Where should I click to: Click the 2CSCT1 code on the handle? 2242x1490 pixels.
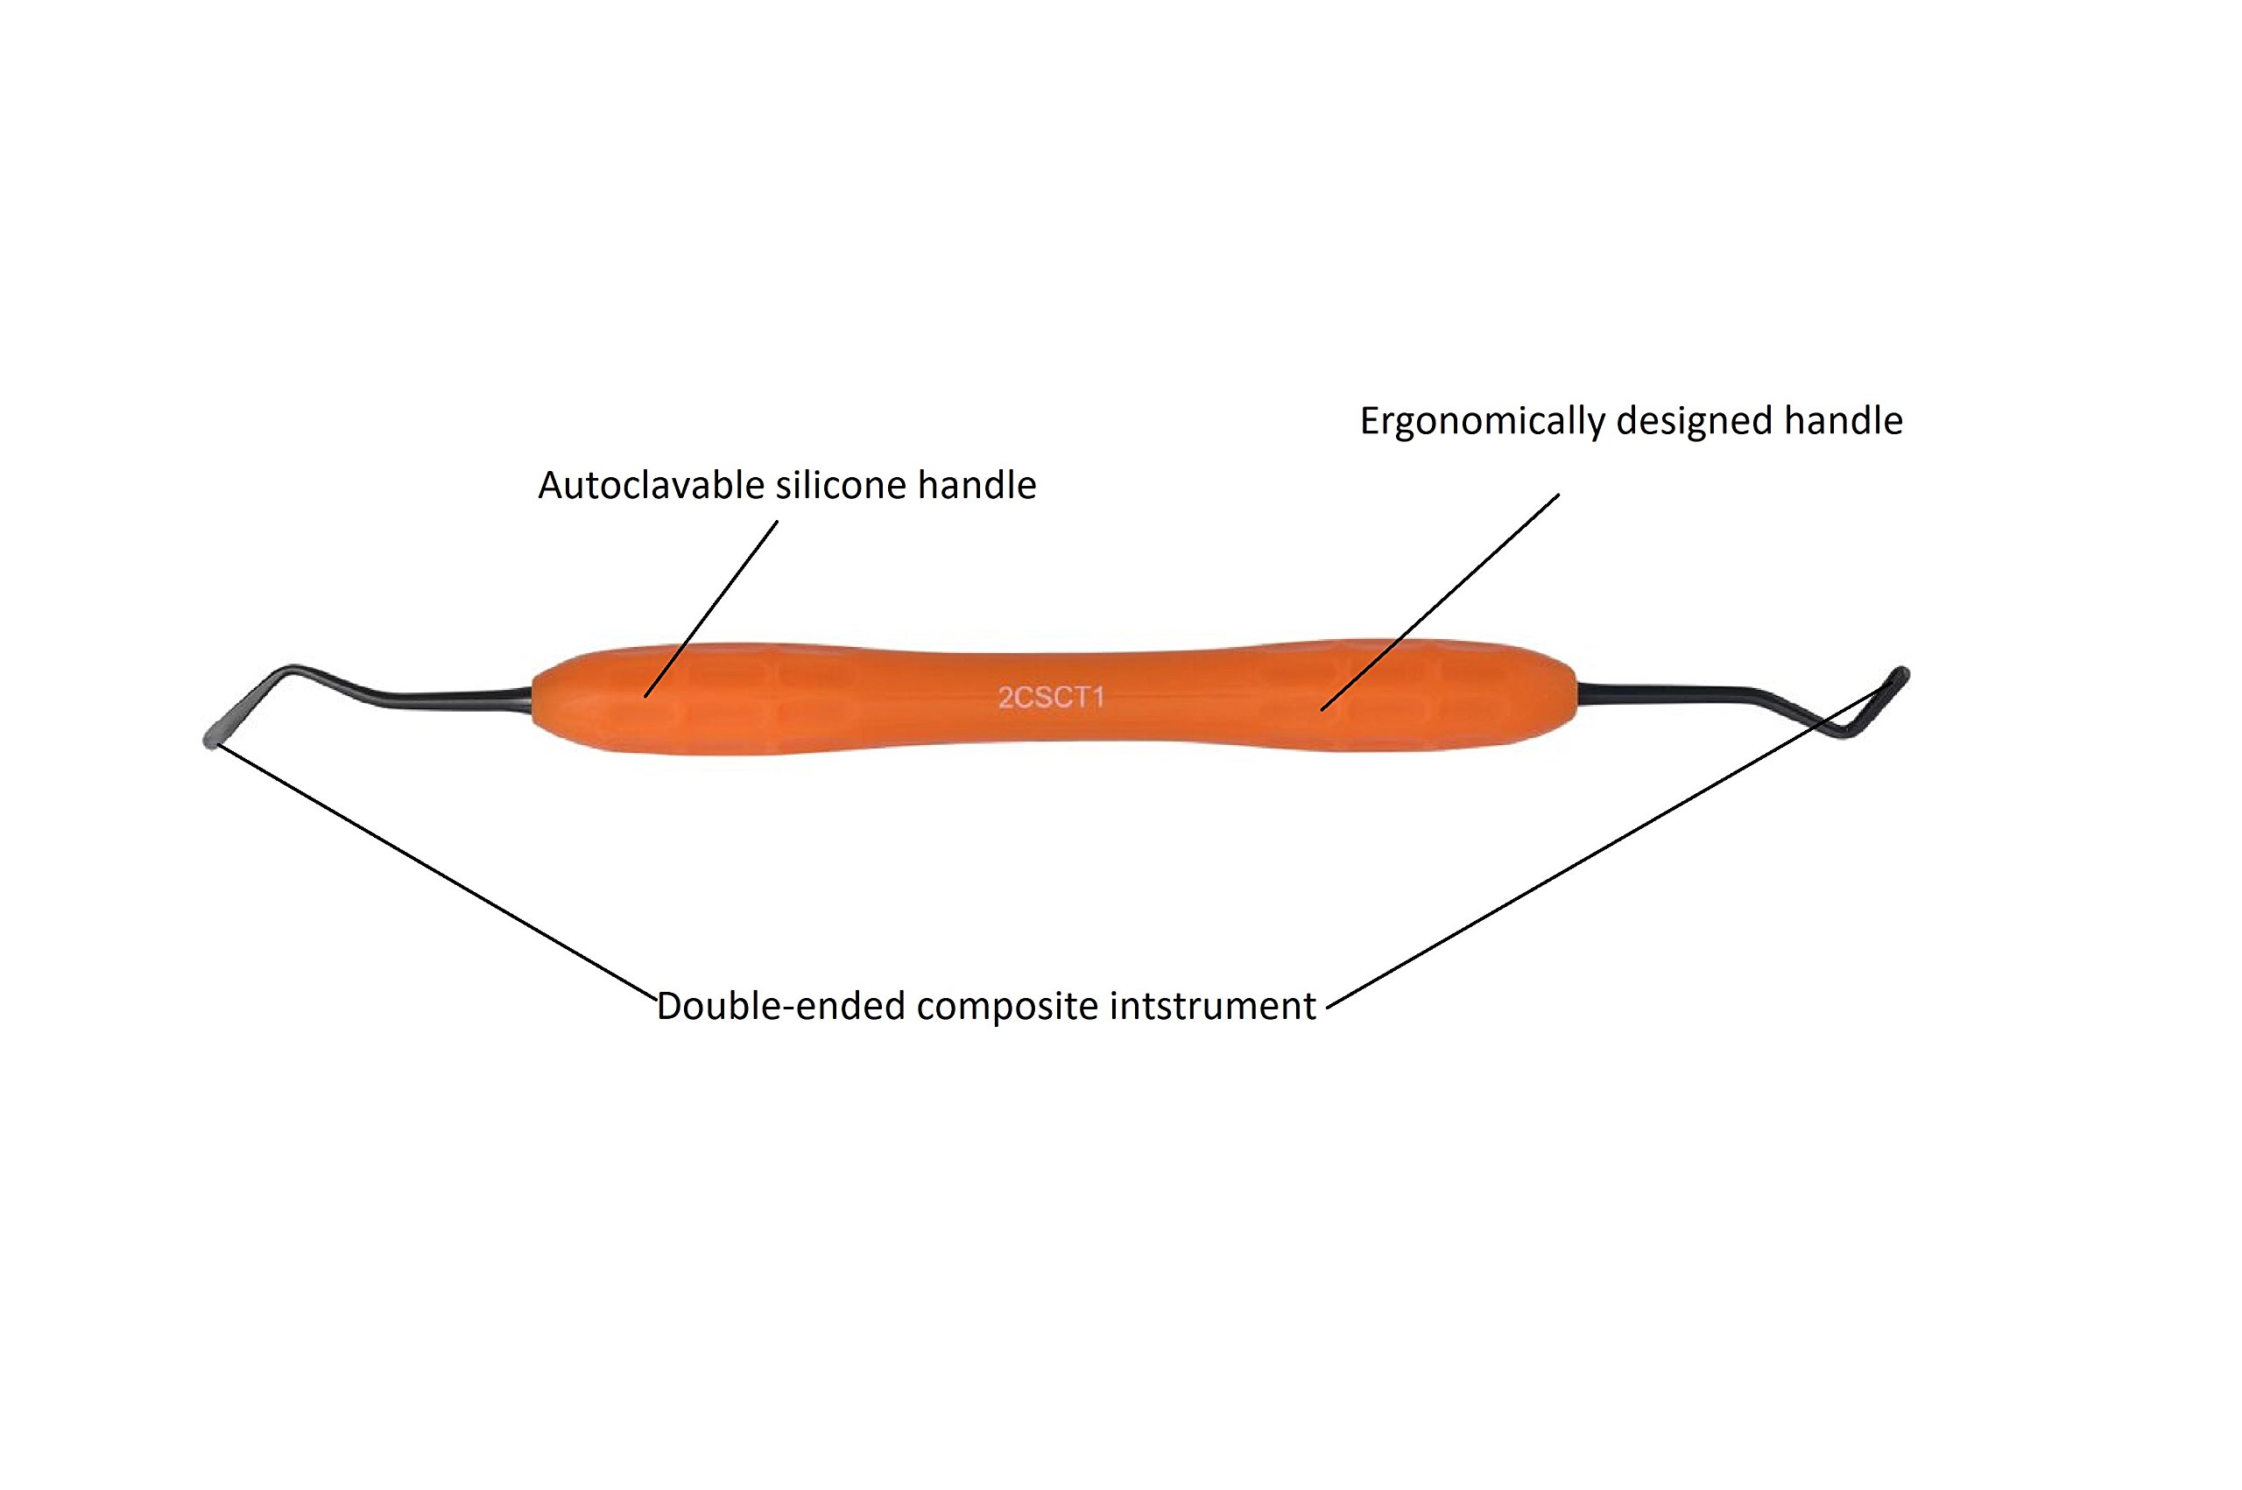point(1050,698)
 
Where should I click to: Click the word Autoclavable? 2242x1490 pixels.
point(652,486)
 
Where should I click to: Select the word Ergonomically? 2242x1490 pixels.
point(1482,421)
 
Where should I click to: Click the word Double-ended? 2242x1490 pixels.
point(779,1007)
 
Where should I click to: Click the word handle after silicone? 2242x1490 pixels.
point(976,486)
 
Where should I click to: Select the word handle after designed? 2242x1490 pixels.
point(1843,421)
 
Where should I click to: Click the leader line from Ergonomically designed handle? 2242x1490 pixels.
point(1440,601)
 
